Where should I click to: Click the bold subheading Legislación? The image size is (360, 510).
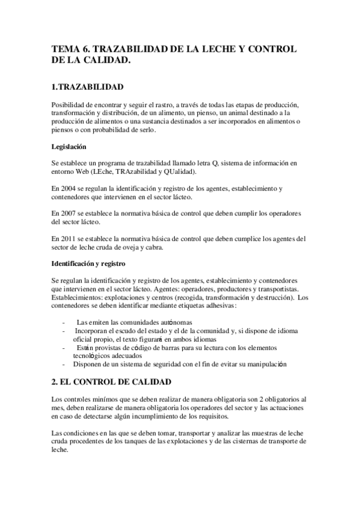(x=69, y=146)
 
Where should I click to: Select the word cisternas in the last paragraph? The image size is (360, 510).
(x=247, y=441)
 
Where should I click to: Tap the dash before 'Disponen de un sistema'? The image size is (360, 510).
(x=63, y=364)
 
